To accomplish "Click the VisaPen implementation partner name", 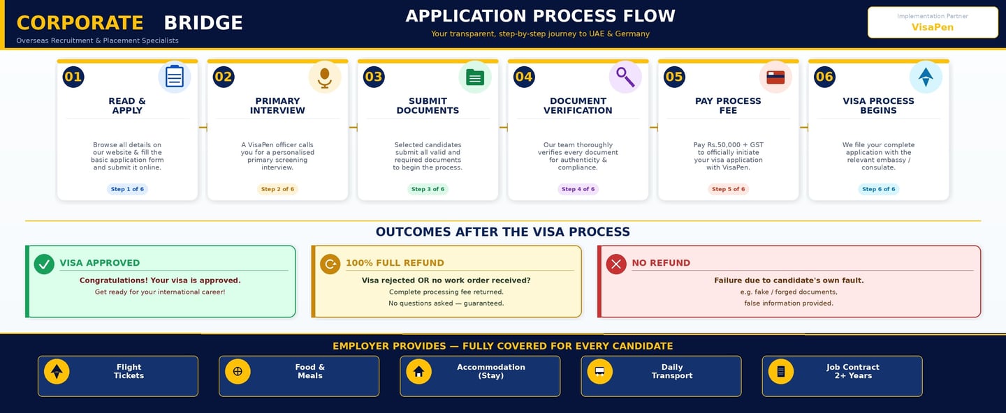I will pyautogui.click(x=932, y=27).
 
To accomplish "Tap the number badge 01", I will pyautogui.click(x=73, y=77).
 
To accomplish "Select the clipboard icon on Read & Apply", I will pyautogui.click(x=175, y=77).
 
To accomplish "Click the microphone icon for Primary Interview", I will pyautogui.click(x=325, y=77).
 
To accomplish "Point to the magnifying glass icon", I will pyautogui.click(x=625, y=77).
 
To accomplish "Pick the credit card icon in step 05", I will pyautogui.click(x=775, y=77).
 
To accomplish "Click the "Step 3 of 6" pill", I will pyautogui.click(x=428, y=189).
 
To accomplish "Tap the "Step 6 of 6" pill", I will pyautogui.click(x=878, y=189).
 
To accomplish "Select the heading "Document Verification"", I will pyautogui.click(x=578, y=105).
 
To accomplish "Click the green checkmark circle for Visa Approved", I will pyautogui.click(x=44, y=264).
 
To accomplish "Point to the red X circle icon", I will pyautogui.click(x=616, y=264).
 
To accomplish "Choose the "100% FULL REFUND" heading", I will pyautogui.click(x=395, y=263).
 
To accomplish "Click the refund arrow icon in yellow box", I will pyautogui.click(x=330, y=264).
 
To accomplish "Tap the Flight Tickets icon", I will pyautogui.click(x=57, y=371).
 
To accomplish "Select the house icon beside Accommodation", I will pyautogui.click(x=418, y=371).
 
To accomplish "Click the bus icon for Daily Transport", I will pyautogui.click(x=599, y=371).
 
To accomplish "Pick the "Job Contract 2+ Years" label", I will pyautogui.click(x=852, y=371).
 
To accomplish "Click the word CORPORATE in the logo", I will pyautogui.click(x=80, y=23).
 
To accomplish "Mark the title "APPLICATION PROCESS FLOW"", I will pyautogui.click(x=540, y=16).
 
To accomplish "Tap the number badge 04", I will pyautogui.click(x=524, y=77).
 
